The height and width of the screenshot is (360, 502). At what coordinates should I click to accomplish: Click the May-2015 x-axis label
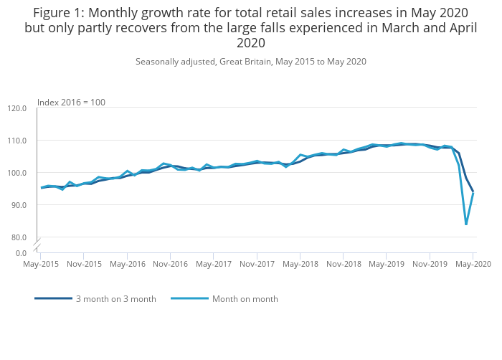[40, 264]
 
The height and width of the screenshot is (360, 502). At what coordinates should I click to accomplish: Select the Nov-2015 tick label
[84, 264]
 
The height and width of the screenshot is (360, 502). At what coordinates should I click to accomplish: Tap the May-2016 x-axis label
[127, 264]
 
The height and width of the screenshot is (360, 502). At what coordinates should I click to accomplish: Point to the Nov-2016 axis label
[170, 264]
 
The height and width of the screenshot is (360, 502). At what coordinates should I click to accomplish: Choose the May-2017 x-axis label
[213, 264]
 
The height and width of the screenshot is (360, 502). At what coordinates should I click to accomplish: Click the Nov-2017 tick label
[257, 264]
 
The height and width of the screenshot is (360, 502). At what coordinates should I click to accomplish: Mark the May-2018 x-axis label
[300, 264]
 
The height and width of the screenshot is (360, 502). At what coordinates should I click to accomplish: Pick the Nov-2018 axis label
[343, 264]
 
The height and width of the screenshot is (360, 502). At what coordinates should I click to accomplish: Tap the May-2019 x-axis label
[386, 264]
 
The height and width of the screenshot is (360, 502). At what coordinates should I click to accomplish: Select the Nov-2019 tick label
[430, 264]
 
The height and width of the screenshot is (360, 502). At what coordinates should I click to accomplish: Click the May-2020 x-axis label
[473, 264]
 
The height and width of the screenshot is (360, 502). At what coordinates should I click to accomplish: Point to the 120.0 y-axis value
[17, 108]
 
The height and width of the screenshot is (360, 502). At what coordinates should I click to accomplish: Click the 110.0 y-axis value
[17, 141]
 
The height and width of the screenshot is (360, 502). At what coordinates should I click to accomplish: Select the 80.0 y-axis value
[19, 237]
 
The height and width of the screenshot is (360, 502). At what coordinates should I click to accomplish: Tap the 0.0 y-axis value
[21, 253]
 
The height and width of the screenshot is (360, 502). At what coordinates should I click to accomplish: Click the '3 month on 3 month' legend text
[115, 299]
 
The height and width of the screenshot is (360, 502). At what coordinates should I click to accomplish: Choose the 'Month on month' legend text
[245, 299]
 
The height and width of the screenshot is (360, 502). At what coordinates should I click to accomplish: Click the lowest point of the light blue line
[466, 224]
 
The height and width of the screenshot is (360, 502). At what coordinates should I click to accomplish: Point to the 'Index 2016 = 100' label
[71, 103]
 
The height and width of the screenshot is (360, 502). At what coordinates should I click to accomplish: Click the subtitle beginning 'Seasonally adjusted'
[251, 62]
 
